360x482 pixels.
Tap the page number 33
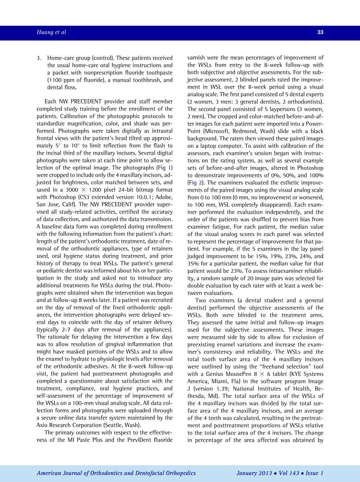320,33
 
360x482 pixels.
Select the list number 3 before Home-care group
38,58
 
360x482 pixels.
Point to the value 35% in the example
193,264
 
